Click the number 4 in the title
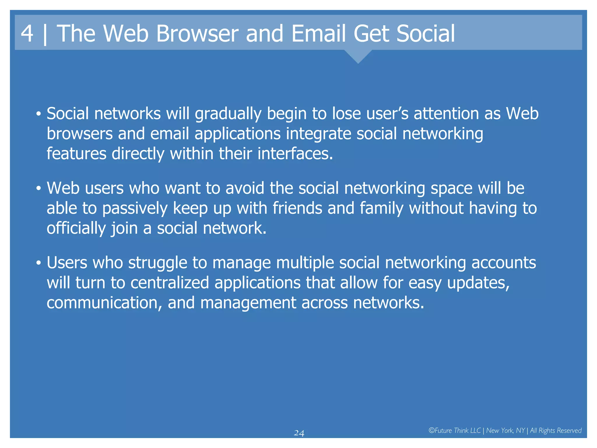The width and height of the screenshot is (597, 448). pyautogui.click(x=27, y=33)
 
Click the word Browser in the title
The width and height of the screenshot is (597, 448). pyautogui.click(x=197, y=33)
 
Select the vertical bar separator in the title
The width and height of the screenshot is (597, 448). pyautogui.click(x=45, y=34)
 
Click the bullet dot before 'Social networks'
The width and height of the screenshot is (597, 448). pyautogui.click(x=38, y=115)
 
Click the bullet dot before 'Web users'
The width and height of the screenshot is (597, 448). pyautogui.click(x=38, y=189)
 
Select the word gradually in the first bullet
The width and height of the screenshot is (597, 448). pyautogui.click(x=228, y=114)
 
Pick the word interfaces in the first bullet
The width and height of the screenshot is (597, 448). pyautogui.click(x=295, y=153)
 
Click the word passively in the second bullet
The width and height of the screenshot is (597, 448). pyautogui.click(x=135, y=208)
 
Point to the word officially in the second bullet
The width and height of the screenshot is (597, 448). pyautogui.click(x=76, y=228)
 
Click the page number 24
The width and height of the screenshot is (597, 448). pyautogui.click(x=299, y=433)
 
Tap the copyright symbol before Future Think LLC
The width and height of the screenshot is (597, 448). pyautogui.click(x=431, y=430)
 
